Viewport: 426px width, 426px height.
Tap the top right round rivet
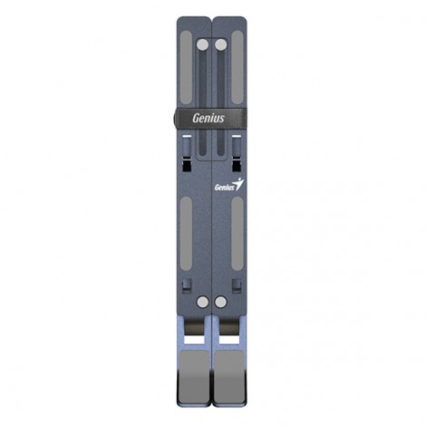221,44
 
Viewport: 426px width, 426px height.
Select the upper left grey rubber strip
187,68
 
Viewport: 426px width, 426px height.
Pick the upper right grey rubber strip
237,68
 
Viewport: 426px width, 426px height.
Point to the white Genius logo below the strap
228,187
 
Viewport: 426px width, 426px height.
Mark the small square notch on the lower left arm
187,285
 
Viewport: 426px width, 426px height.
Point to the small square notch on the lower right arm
237,285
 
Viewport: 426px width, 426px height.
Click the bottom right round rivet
221,302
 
